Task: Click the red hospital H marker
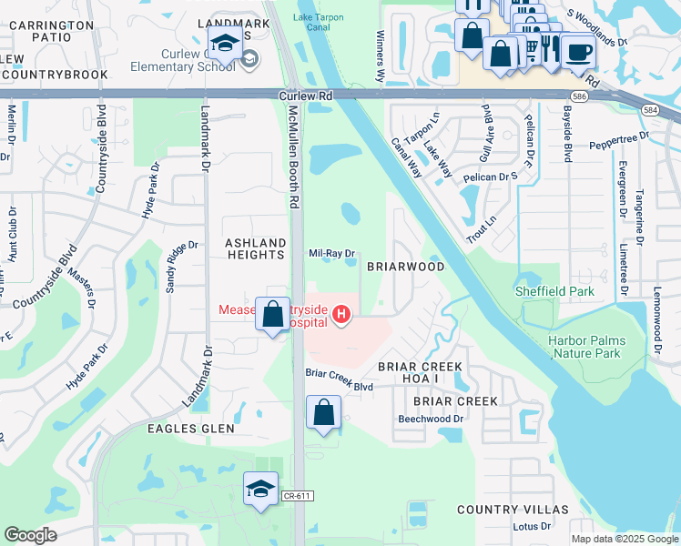coord(341,316)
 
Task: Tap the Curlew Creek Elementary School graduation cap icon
coord(225,43)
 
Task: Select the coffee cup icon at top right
coord(577,52)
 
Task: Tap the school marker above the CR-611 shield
coord(260,489)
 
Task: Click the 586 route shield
coord(579,96)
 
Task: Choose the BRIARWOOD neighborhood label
coord(405,268)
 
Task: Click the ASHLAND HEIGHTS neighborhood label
coord(256,248)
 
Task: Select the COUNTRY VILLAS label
coord(513,510)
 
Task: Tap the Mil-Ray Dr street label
coord(331,255)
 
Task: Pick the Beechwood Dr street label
coord(432,419)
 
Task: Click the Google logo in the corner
coord(30,535)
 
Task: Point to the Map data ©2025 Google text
coord(623,539)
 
